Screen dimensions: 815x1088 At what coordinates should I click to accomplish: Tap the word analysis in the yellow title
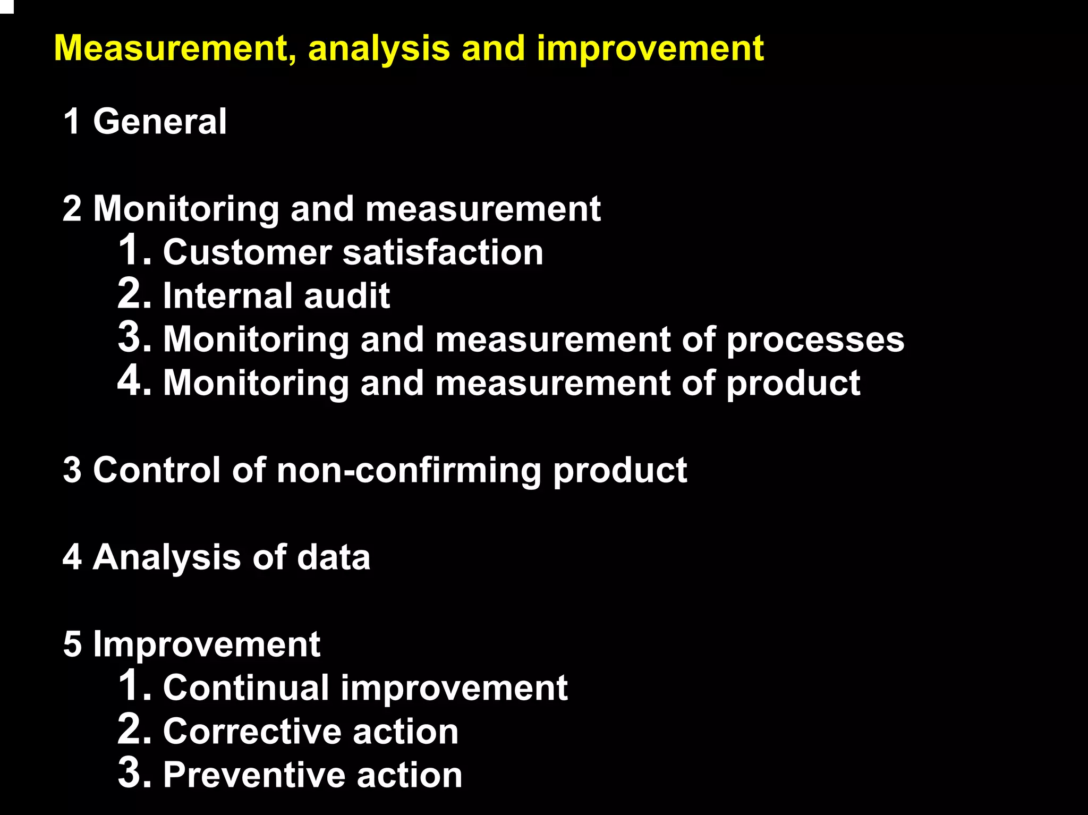(x=378, y=49)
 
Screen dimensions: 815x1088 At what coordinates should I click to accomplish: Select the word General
(x=160, y=122)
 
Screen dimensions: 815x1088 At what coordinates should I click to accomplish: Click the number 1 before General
(x=72, y=122)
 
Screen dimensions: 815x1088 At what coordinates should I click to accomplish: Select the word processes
(x=814, y=340)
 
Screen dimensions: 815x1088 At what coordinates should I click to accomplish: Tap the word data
(x=333, y=558)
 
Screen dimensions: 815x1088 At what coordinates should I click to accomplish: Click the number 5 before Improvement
(x=72, y=644)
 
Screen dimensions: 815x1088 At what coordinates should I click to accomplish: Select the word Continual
(x=246, y=688)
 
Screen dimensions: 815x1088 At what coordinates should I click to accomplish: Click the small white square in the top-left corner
(x=6, y=6)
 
